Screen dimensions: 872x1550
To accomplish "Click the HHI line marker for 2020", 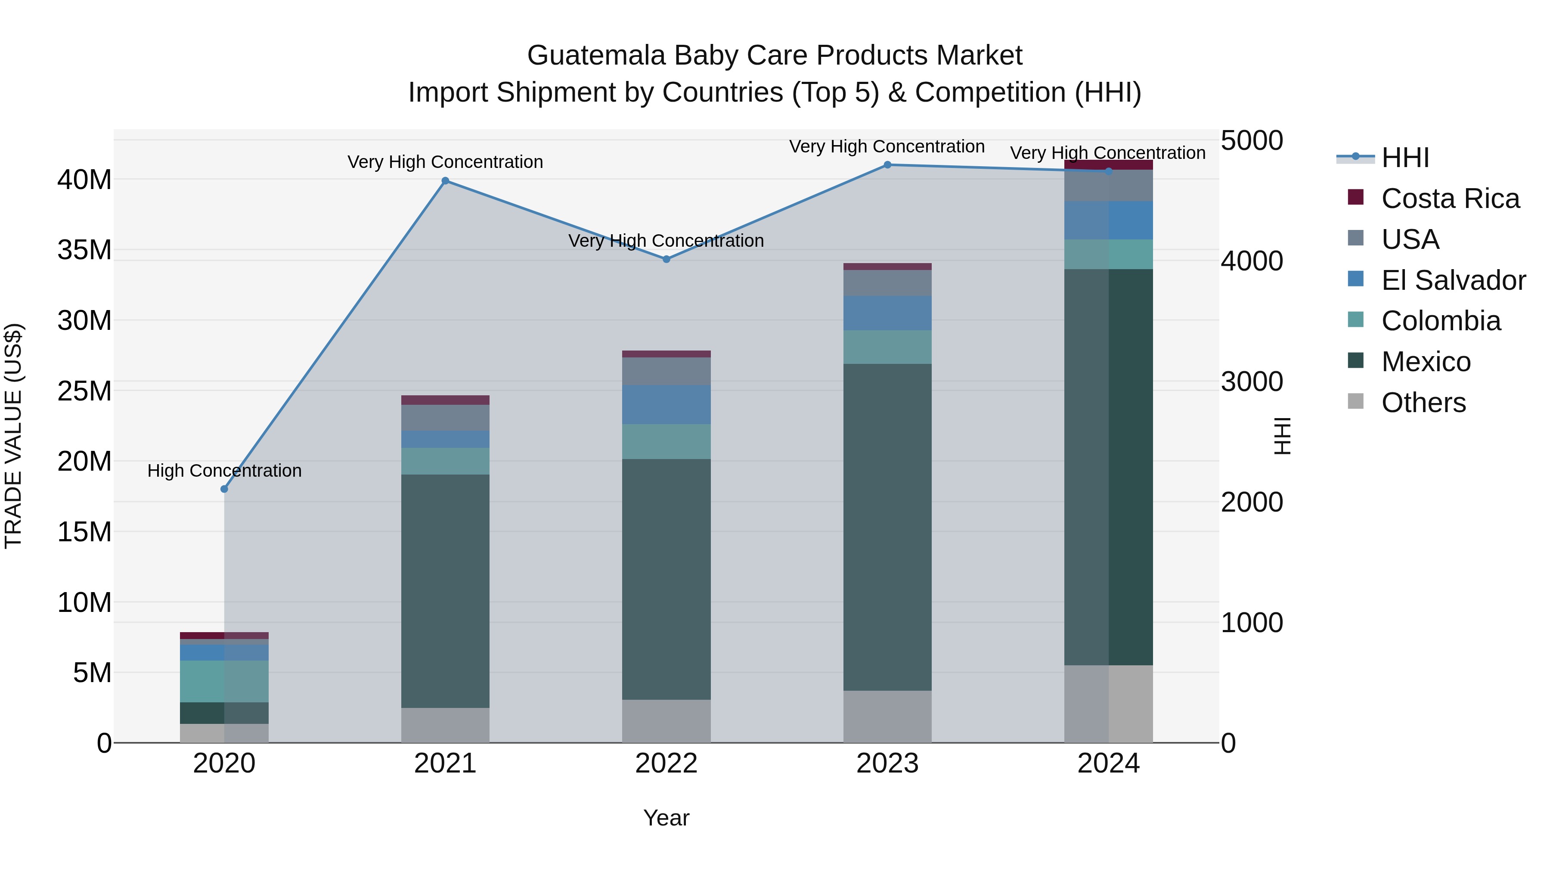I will [x=224, y=489].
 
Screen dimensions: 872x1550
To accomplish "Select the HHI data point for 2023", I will [x=887, y=165].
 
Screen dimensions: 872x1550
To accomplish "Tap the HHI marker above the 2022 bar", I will [x=666, y=259].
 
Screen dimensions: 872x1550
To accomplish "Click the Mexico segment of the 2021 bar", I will [x=445, y=591].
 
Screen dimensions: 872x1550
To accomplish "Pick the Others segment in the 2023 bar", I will [x=887, y=716].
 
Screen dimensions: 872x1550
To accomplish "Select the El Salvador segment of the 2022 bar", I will [x=666, y=404].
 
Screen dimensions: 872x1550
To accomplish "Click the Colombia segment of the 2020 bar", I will [x=224, y=681].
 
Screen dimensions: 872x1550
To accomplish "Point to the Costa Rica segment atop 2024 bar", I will [x=1108, y=164].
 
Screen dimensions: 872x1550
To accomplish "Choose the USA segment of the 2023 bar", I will [x=887, y=283].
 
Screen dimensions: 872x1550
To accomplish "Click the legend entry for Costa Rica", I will [x=1450, y=199].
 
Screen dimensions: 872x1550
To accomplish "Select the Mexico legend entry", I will [x=1426, y=362].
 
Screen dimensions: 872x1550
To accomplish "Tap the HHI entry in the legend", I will [x=1405, y=158].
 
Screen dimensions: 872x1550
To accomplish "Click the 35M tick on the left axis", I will [x=84, y=250].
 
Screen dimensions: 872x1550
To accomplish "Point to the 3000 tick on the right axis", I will [x=1252, y=382].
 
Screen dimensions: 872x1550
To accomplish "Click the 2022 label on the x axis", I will [x=666, y=763].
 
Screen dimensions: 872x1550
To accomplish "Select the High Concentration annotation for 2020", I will [x=224, y=471].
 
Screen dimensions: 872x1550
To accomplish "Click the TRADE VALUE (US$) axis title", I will [x=13, y=436].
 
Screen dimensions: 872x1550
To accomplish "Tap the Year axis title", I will [x=666, y=818].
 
